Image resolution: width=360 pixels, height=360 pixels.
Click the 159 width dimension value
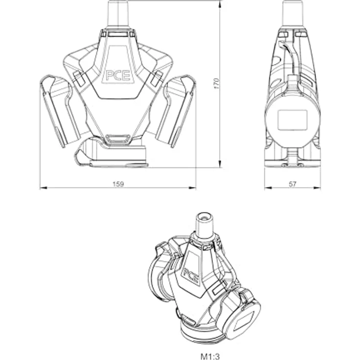point(118,184)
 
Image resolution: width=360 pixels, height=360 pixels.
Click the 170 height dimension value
point(217,84)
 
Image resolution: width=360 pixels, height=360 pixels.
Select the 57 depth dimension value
point(292,184)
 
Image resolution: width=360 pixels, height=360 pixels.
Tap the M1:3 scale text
point(210,357)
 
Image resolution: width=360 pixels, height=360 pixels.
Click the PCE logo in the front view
point(118,75)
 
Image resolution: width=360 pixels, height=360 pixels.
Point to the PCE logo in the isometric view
point(191,275)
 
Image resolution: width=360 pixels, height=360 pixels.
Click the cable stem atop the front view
point(118,14)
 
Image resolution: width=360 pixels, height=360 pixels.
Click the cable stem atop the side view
point(293,14)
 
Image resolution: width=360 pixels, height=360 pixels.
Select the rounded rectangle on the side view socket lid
point(292,120)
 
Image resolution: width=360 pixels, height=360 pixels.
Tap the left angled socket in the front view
point(60,111)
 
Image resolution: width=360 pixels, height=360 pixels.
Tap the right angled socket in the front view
point(176,111)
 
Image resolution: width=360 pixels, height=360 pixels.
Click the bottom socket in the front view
point(111,152)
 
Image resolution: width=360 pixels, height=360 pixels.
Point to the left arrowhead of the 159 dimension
point(44,188)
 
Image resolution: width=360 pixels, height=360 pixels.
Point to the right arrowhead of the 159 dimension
point(192,188)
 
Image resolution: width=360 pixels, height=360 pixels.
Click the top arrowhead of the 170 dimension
point(220,4)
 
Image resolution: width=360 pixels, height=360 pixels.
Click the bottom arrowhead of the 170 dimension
point(220,164)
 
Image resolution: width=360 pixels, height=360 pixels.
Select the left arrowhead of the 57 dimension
point(268,188)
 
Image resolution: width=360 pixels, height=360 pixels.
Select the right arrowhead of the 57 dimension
point(317,188)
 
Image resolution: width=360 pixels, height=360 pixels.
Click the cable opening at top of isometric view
point(204,217)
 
